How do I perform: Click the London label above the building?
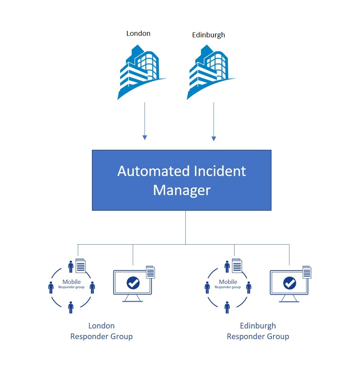(138, 34)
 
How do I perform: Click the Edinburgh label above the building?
(208, 35)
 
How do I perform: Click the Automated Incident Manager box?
(182, 180)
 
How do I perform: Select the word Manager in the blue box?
(182, 190)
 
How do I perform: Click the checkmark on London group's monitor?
(133, 283)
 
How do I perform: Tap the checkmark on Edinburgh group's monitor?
(289, 283)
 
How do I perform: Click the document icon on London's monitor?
(150, 272)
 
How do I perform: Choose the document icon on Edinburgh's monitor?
(307, 272)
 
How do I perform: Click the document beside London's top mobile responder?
(81, 266)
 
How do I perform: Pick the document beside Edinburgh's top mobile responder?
(237, 266)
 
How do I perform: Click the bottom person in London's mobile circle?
(71, 307)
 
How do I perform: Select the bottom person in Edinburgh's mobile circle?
(227, 307)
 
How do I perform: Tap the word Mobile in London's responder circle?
(72, 282)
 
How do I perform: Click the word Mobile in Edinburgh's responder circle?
(228, 282)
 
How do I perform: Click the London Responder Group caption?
(101, 331)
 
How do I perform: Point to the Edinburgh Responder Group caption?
(258, 331)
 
